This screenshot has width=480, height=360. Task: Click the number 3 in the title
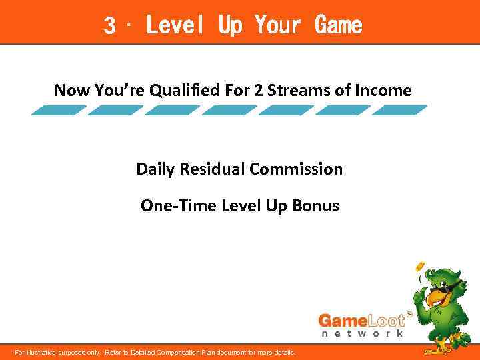pyautogui.click(x=110, y=26)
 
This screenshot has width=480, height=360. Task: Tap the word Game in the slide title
pyautogui.click(x=339, y=26)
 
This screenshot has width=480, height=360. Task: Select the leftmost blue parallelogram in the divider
pyautogui.click(x=59, y=111)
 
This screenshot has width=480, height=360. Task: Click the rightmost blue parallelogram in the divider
pyautogui.click(x=400, y=111)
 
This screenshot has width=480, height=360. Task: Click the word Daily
pyautogui.click(x=154, y=169)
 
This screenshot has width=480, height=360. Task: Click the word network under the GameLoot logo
pyautogui.click(x=362, y=333)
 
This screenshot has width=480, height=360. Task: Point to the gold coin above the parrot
pyautogui.click(x=420, y=267)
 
